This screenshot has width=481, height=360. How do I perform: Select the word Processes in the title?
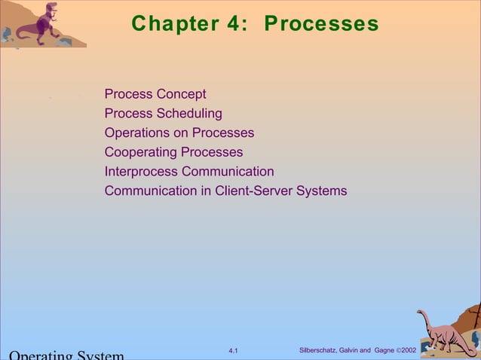321,24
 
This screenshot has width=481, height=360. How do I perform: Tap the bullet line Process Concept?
155,94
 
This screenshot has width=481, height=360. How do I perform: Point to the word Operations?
137,133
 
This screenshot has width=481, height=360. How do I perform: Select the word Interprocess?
138,172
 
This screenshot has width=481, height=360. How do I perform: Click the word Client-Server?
254,191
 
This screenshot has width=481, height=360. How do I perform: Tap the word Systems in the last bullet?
322,191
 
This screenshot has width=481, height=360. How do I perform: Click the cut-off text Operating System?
65,355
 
